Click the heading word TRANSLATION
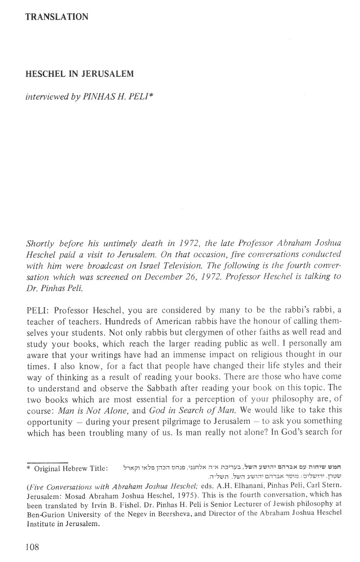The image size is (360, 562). tap(57, 17)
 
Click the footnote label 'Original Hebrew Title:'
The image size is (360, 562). tap(71, 469)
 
